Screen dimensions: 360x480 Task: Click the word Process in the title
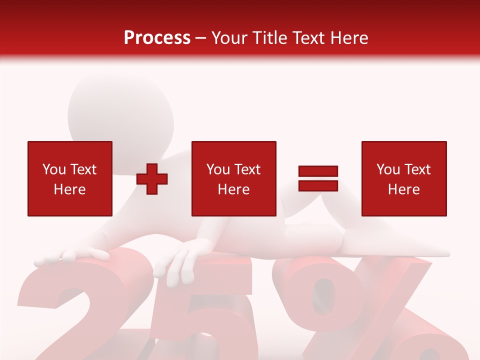(x=157, y=37)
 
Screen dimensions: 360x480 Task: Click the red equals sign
(x=318, y=178)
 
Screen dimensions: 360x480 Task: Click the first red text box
(x=69, y=179)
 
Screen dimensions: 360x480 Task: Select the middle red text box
(x=233, y=179)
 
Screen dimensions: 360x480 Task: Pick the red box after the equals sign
(x=403, y=179)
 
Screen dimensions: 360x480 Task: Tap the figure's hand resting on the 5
(x=182, y=257)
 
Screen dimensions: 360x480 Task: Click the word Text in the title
(x=310, y=37)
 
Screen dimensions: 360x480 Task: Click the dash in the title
(x=201, y=38)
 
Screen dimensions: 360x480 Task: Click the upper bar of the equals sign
(x=318, y=171)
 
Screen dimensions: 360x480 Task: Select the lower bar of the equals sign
(x=318, y=185)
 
